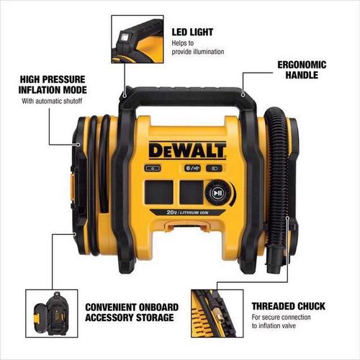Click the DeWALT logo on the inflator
click(187, 150)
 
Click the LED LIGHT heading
click(192, 32)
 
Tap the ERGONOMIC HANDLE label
click(302, 70)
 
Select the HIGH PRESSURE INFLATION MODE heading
click(53, 85)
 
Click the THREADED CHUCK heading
click(289, 306)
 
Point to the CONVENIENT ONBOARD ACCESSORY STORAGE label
click(132, 312)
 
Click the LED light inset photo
click(138, 39)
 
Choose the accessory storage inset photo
click(52, 313)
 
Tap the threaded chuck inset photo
click(217, 313)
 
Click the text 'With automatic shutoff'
click(52, 101)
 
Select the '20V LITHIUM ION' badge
click(188, 212)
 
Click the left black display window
click(158, 192)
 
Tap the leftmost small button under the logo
click(153, 168)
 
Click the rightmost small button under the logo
click(214, 168)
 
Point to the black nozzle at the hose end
click(274, 261)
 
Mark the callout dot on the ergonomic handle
click(243, 95)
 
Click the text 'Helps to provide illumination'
click(198, 48)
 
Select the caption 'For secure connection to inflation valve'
click(281, 322)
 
